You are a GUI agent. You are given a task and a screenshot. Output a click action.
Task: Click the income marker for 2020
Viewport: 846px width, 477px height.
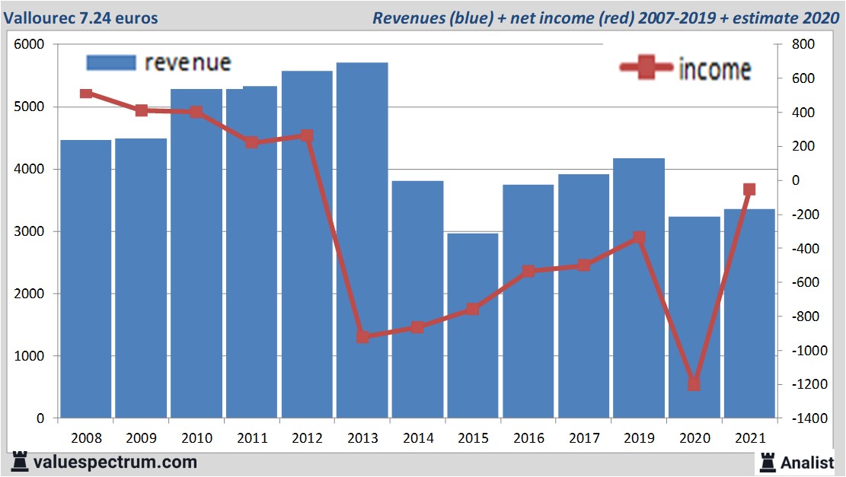coord(694,384)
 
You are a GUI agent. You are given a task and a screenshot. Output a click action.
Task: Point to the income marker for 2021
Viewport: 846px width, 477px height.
coord(749,189)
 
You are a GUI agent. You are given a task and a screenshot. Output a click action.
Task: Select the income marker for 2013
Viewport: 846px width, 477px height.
coord(362,336)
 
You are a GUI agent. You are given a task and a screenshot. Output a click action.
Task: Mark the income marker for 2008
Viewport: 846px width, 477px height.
coord(86,94)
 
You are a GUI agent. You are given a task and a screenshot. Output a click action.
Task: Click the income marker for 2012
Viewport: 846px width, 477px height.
coord(307,136)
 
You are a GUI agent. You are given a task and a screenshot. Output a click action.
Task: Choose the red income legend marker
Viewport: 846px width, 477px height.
coord(646,68)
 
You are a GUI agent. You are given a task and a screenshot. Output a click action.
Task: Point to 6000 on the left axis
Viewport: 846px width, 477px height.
coord(30,45)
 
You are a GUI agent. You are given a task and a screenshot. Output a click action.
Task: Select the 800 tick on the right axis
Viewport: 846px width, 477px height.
coord(803,45)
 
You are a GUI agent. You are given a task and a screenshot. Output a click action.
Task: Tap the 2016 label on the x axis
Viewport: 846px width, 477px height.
coord(528,438)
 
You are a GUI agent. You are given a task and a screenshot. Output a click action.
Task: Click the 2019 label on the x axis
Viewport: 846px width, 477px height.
coord(639,438)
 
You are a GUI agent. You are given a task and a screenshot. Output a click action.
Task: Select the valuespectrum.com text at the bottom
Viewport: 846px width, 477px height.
coord(114,462)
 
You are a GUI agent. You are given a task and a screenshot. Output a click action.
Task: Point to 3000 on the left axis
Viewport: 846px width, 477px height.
coord(30,231)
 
